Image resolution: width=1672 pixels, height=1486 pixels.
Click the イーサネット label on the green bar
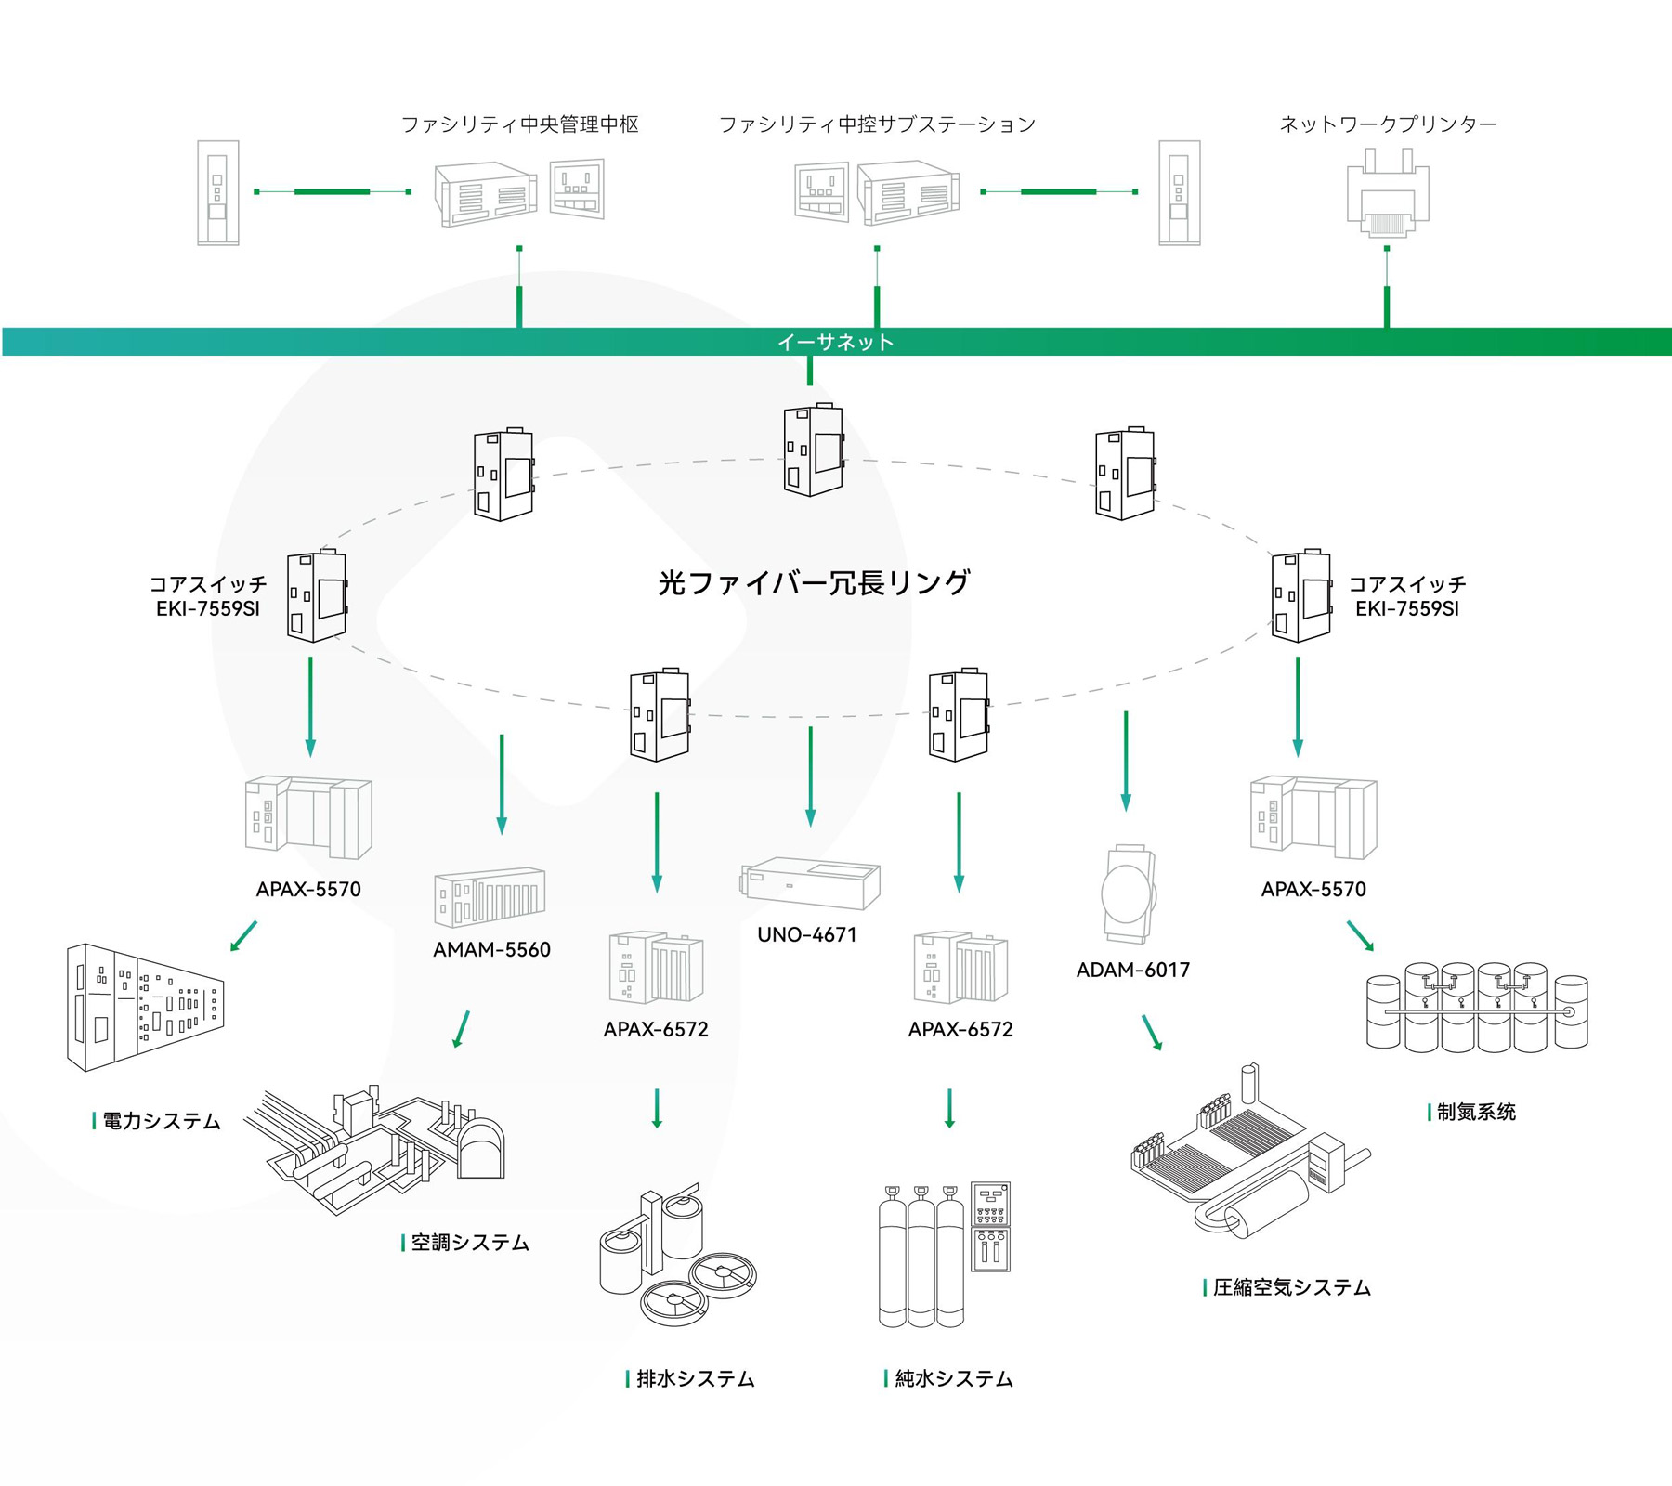click(835, 342)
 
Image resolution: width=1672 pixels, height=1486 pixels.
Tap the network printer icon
click(1387, 192)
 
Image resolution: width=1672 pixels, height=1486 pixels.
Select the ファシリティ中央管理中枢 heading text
click(519, 124)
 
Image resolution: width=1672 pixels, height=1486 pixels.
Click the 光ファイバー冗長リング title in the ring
click(814, 582)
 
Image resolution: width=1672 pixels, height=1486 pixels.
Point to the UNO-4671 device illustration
click(810, 882)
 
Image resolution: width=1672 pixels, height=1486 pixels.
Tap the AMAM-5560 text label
click(491, 949)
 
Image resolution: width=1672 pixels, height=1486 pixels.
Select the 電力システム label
click(161, 1121)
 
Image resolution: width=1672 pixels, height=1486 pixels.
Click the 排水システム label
click(695, 1379)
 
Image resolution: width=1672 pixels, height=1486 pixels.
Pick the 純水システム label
click(953, 1379)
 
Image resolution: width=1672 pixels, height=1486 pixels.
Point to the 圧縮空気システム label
click(1291, 1287)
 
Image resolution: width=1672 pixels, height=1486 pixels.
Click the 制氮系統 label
click(1475, 1112)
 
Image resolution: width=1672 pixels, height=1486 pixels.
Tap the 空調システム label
click(469, 1243)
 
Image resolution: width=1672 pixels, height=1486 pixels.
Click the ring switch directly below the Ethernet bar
click(813, 450)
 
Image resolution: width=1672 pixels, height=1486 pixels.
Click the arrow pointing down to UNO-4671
click(811, 776)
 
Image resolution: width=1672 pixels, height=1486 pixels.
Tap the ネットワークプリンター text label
click(1388, 124)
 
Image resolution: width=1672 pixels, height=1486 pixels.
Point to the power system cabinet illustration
click(144, 1007)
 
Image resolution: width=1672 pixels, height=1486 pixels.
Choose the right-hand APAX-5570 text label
click(1313, 889)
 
